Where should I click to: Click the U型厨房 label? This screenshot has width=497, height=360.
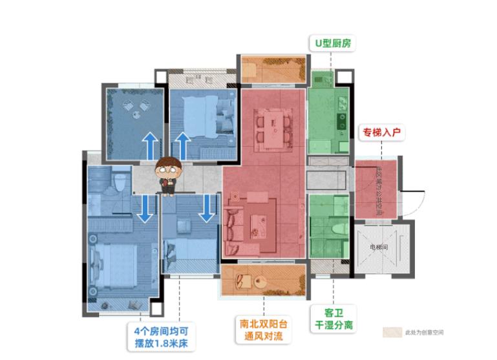[332, 44]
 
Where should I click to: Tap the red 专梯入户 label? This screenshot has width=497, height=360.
[382, 132]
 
